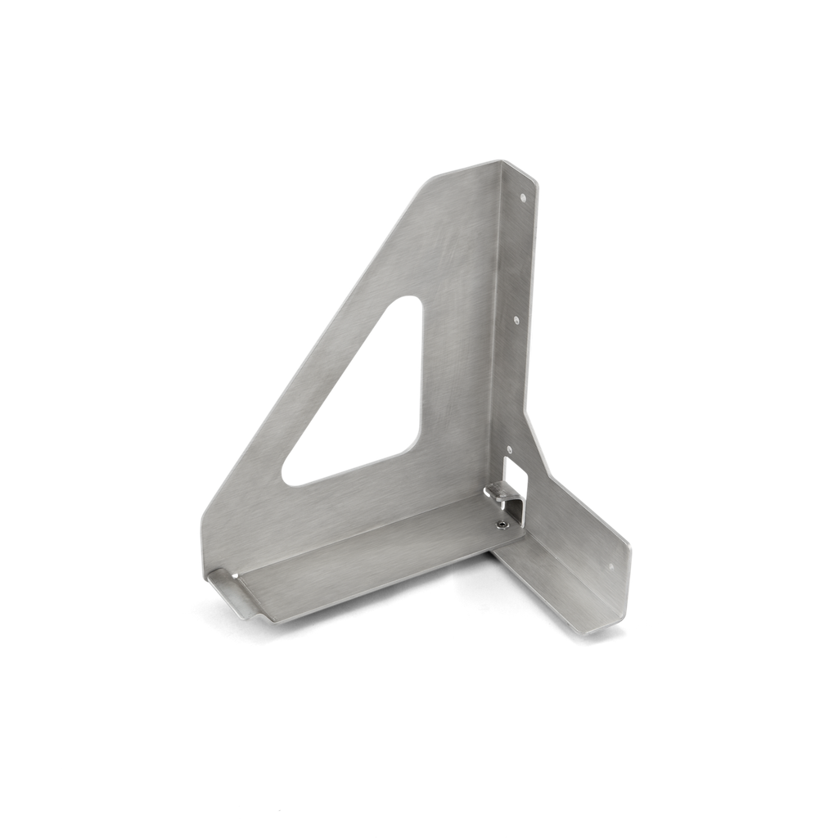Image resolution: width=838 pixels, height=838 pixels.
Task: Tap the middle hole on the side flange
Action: point(516,321)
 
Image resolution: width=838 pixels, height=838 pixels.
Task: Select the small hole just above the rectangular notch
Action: point(508,449)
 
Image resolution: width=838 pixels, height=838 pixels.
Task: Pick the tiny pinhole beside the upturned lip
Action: point(235,576)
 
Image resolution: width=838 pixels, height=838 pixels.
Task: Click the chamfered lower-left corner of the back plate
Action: point(205,524)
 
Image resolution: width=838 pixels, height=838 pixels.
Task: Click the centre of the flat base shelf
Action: point(368,565)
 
